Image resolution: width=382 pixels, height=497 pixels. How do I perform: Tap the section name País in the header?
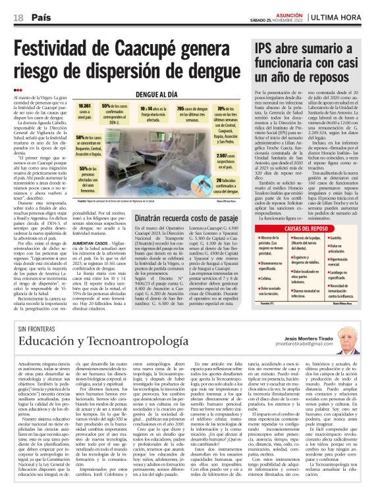tap(41, 17)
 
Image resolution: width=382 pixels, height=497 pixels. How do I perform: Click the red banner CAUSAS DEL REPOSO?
tap(305, 228)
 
